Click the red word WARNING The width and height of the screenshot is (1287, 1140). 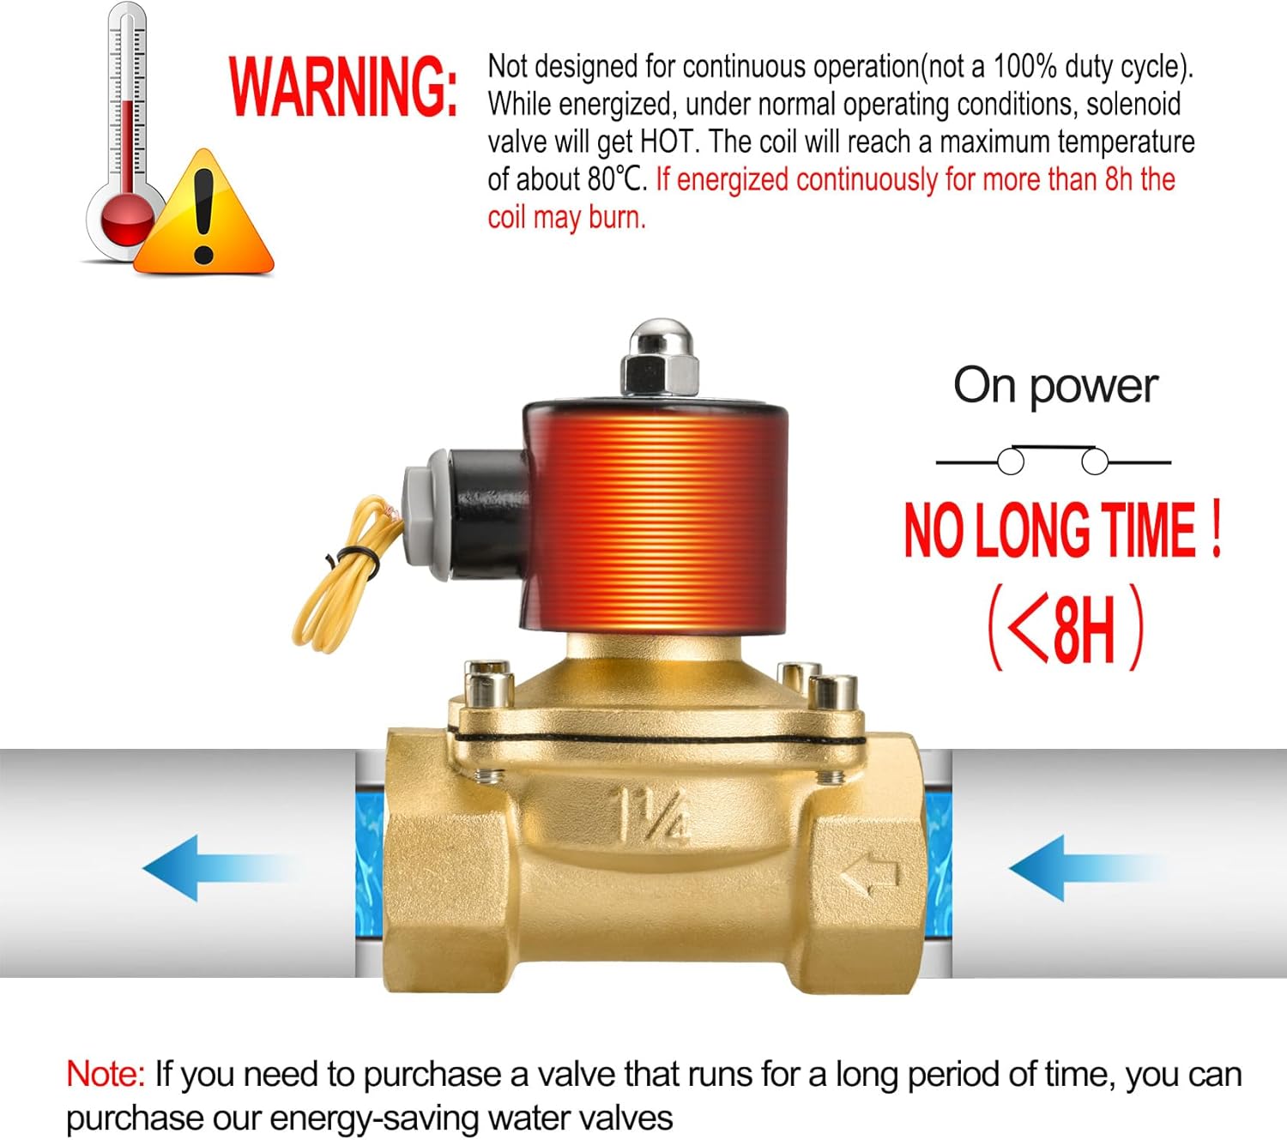pyautogui.click(x=343, y=87)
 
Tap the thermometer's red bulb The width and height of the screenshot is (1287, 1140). pyautogui.click(x=128, y=222)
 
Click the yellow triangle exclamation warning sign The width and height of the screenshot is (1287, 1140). pyautogui.click(x=203, y=213)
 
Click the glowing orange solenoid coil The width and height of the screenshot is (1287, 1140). pyautogui.click(x=656, y=517)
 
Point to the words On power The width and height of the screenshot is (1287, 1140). pyautogui.click(x=1056, y=387)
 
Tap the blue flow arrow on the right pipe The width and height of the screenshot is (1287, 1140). pyautogui.click(x=1086, y=868)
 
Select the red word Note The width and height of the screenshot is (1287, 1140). pyautogui.click(x=106, y=1075)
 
